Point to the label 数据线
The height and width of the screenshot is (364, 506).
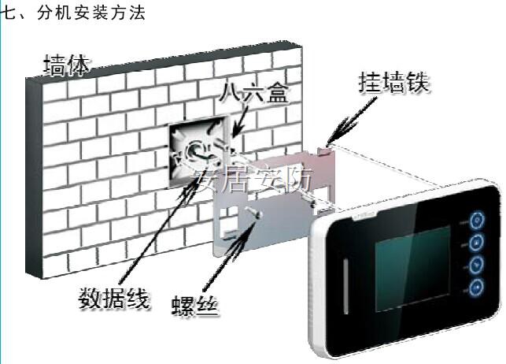click(113, 299)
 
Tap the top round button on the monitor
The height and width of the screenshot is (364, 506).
click(477, 220)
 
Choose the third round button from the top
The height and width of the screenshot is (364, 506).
click(477, 264)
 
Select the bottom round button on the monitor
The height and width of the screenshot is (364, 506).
click(476, 286)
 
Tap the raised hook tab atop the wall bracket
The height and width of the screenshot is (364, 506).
click(324, 148)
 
